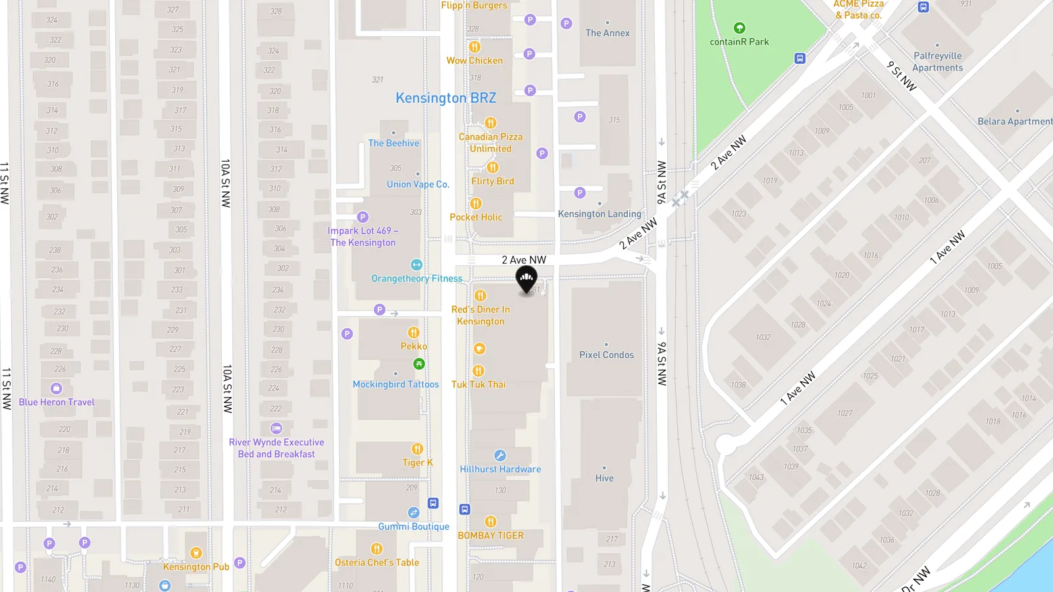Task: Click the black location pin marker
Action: click(x=526, y=280)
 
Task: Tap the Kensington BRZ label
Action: click(x=446, y=98)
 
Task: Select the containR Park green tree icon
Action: click(x=739, y=28)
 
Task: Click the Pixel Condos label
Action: click(x=606, y=355)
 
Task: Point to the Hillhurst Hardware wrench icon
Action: click(x=500, y=455)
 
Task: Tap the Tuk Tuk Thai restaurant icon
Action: click(x=478, y=371)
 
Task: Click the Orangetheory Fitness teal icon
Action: click(x=416, y=264)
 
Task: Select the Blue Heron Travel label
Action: click(x=57, y=402)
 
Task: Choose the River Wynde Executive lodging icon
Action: click(x=276, y=428)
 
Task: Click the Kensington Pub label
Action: click(x=196, y=566)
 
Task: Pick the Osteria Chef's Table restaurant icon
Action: click(x=376, y=549)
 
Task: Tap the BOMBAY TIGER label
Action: click(x=490, y=535)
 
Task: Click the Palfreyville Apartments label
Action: click(x=938, y=62)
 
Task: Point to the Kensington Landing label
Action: click(x=599, y=214)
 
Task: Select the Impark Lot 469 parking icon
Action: click(x=363, y=217)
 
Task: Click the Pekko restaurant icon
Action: click(x=413, y=332)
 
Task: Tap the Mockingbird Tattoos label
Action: click(x=396, y=384)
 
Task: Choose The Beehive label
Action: click(x=394, y=143)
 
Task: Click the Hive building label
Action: click(x=604, y=478)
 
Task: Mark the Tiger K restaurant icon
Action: click(x=417, y=449)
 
